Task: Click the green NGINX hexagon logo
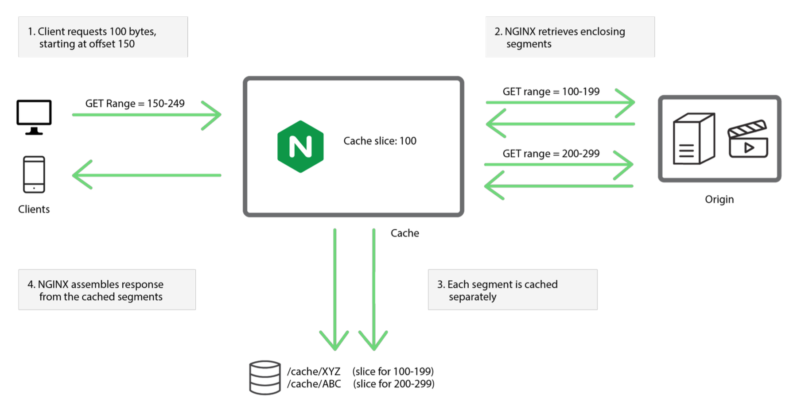pyautogui.click(x=300, y=146)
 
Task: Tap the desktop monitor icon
pyautogui.click(x=34, y=116)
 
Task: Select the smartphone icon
pyautogui.click(x=34, y=174)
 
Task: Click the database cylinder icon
pyautogui.click(x=264, y=377)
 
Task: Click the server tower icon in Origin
pyautogui.click(x=693, y=139)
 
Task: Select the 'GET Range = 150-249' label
pyautogui.click(x=135, y=104)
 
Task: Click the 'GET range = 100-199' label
pyautogui.click(x=551, y=92)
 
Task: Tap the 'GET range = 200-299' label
pyautogui.click(x=551, y=154)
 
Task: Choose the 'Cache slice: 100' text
pyautogui.click(x=380, y=141)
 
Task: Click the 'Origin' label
pyautogui.click(x=719, y=199)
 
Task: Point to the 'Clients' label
pyautogui.click(x=34, y=209)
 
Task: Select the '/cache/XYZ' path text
pyautogui.click(x=314, y=371)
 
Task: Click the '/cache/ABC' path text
pyautogui.click(x=314, y=384)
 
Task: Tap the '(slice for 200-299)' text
pyautogui.click(x=393, y=384)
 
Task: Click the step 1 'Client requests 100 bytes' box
pyautogui.click(x=103, y=37)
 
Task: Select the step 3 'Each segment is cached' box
pyautogui.click(x=512, y=290)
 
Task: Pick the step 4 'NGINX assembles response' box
pyautogui.click(x=107, y=290)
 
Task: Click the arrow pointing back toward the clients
pyautogui.click(x=146, y=175)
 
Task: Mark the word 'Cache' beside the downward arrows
pyautogui.click(x=404, y=233)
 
